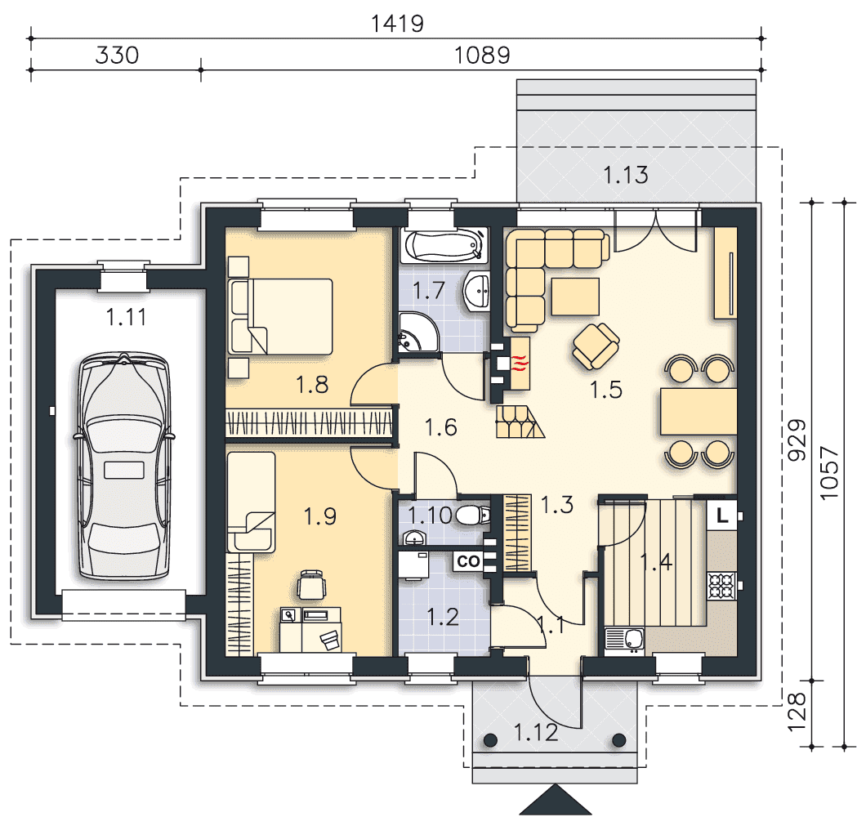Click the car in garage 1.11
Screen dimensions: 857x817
click(x=124, y=467)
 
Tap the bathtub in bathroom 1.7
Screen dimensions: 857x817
click(x=444, y=245)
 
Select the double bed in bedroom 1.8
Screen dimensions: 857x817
click(x=280, y=316)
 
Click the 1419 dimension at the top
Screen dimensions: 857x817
click(x=397, y=24)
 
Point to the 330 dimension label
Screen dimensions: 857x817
click(x=117, y=56)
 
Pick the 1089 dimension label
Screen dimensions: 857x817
click(x=482, y=56)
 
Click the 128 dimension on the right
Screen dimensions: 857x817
click(x=797, y=712)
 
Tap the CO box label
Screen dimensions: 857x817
click(x=468, y=560)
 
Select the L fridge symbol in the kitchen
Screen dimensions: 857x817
click(x=722, y=515)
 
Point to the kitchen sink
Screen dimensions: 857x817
click(x=625, y=640)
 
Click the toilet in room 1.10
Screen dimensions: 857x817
click(x=472, y=514)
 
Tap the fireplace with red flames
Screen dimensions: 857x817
click(x=520, y=364)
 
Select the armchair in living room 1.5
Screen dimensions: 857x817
click(x=596, y=346)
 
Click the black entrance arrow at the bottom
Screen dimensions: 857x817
click(x=555, y=800)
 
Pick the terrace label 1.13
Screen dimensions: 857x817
click(x=625, y=175)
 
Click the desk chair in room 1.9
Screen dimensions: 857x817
click(x=312, y=584)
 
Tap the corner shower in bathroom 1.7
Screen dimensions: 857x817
click(x=418, y=333)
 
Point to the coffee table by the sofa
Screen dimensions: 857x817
click(x=575, y=297)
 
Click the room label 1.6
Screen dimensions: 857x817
click(x=440, y=426)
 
